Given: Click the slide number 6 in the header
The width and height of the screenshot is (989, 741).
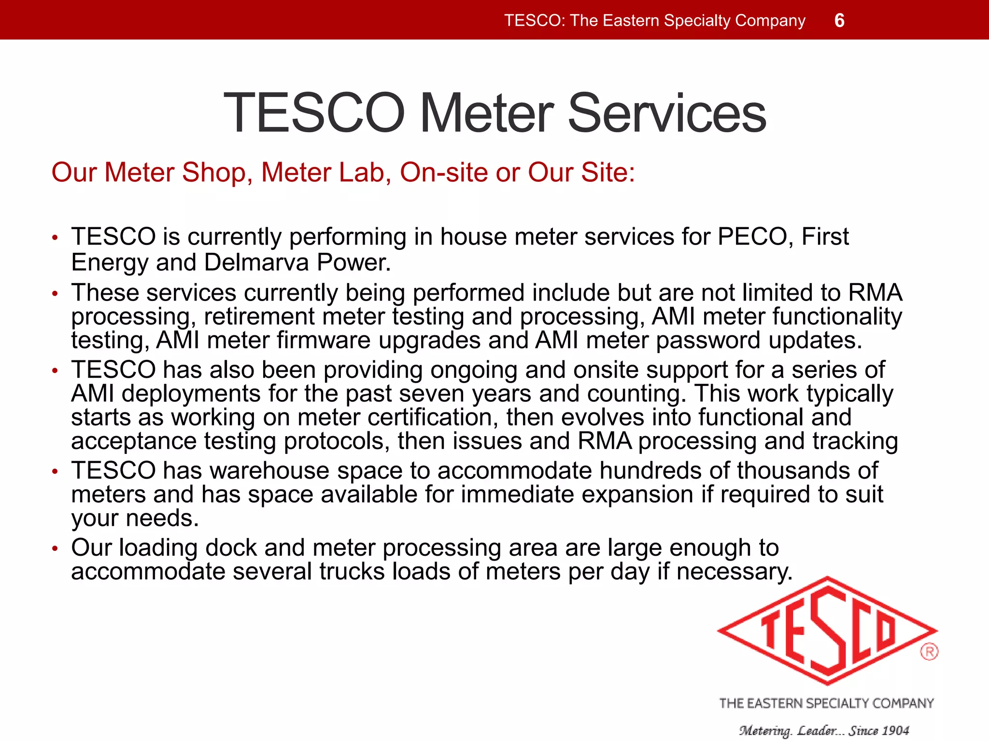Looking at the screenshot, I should click(839, 21).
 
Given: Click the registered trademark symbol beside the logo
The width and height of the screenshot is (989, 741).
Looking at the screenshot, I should click(929, 652).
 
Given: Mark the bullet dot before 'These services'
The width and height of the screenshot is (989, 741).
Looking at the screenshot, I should click(55, 293).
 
